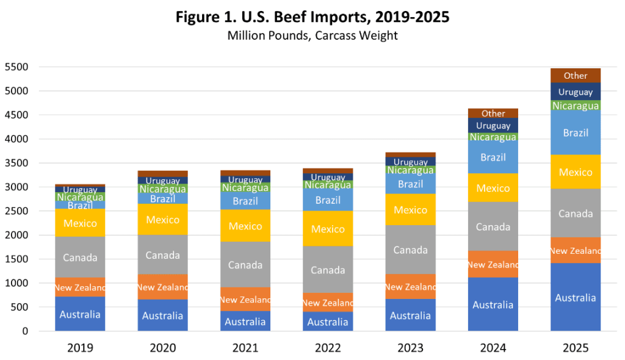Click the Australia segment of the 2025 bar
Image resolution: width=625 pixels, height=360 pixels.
tap(575, 297)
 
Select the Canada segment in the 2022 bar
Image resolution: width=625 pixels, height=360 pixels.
tap(328, 270)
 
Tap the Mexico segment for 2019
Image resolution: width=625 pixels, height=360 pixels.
tap(80, 223)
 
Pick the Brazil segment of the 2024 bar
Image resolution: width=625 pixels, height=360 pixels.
tap(493, 157)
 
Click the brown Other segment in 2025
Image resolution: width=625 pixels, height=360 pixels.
tap(575, 75)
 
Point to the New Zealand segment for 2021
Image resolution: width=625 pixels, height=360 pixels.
tap(245, 299)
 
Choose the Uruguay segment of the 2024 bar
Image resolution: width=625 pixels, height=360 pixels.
tap(493, 125)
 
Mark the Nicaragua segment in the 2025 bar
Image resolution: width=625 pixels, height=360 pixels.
tap(575, 105)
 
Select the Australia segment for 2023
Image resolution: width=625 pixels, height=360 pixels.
tap(410, 315)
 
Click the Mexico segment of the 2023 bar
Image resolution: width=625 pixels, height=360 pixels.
tap(410, 209)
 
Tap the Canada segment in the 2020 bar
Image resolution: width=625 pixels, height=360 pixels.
tap(162, 255)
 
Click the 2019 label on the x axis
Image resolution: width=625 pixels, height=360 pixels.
tap(80, 348)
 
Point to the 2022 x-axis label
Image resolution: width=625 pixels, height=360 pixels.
tap(328, 348)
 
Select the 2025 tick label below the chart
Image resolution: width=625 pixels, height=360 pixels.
tap(575, 348)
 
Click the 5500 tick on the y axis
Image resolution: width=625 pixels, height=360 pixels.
tap(16, 67)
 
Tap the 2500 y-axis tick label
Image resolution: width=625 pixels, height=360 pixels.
tap(16, 211)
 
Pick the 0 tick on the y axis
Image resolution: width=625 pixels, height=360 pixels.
tap(25, 331)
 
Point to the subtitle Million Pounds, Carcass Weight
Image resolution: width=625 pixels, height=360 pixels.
tap(312, 35)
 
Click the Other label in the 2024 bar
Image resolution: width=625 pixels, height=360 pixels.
tap(493, 113)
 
